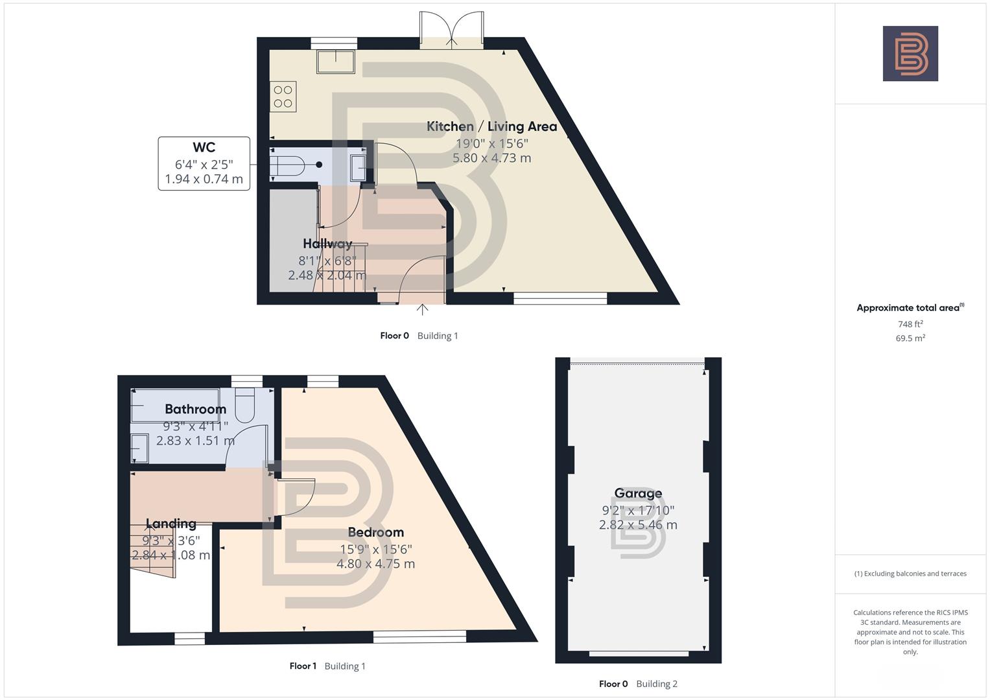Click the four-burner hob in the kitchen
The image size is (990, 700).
tap(283, 97)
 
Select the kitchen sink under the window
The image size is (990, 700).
tap(335, 62)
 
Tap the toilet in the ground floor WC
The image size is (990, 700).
tap(287, 165)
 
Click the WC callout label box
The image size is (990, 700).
tap(204, 163)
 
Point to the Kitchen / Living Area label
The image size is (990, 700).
tap(491, 126)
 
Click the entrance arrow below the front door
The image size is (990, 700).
tap(422, 309)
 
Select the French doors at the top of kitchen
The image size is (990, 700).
tap(451, 31)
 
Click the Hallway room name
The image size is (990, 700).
tap(327, 244)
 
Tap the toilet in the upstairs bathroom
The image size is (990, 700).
tap(246, 403)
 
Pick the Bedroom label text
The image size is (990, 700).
tap(375, 532)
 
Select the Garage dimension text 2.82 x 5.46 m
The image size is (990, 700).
tap(638, 525)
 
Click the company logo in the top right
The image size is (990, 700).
tap(910, 54)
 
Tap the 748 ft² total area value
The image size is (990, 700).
tap(910, 324)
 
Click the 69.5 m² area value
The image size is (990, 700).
tap(910, 338)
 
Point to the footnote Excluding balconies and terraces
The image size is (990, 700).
tap(910, 574)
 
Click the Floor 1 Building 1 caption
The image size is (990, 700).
tap(327, 666)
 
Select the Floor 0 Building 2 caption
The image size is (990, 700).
tap(638, 684)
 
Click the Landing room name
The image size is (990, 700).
tap(171, 524)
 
